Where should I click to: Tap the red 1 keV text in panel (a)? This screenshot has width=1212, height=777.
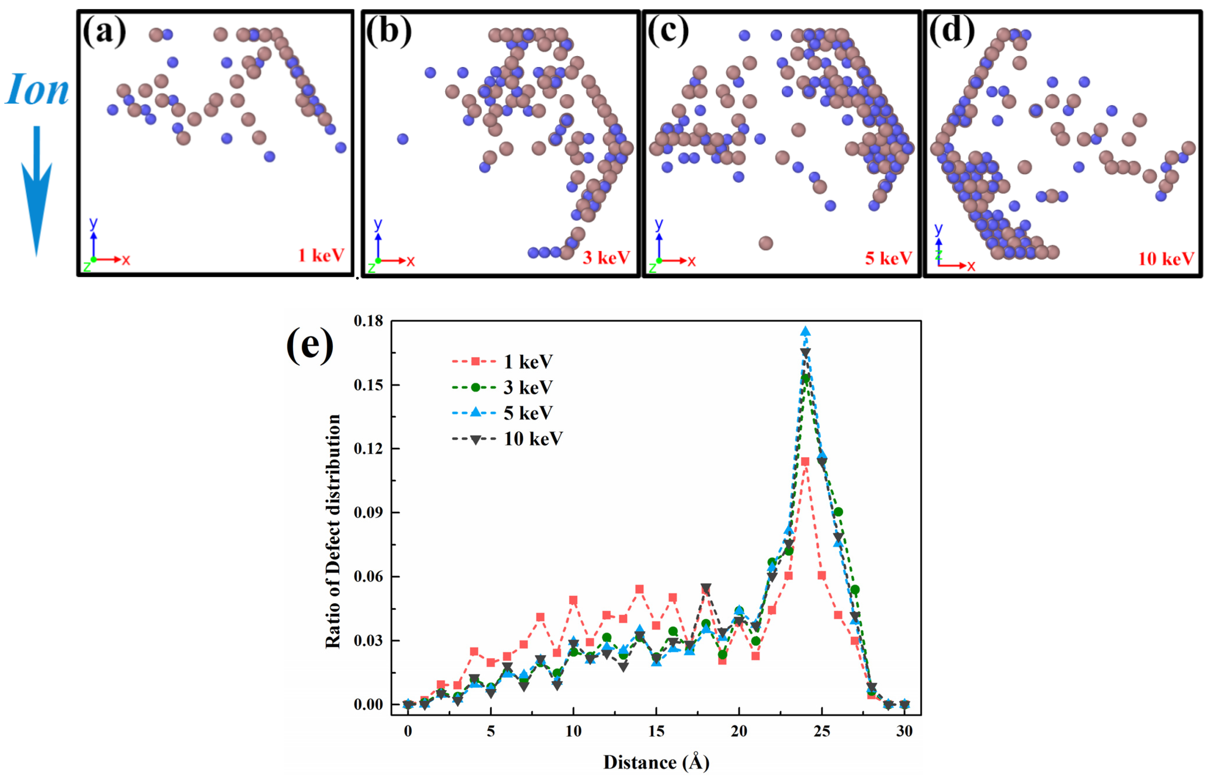tap(321, 255)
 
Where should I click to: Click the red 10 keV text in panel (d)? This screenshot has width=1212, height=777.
tap(1166, 259)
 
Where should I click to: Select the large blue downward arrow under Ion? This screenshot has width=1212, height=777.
tap(36, 192)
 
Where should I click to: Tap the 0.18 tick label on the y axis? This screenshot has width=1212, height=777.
tap(368, 321)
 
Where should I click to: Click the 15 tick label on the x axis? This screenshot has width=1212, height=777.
tap(656, 731)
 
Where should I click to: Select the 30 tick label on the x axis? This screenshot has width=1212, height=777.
tap(904, 731)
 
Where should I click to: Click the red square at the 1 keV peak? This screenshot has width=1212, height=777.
tap(805, 461)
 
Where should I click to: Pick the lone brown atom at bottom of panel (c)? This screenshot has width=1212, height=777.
tap(765, 243)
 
